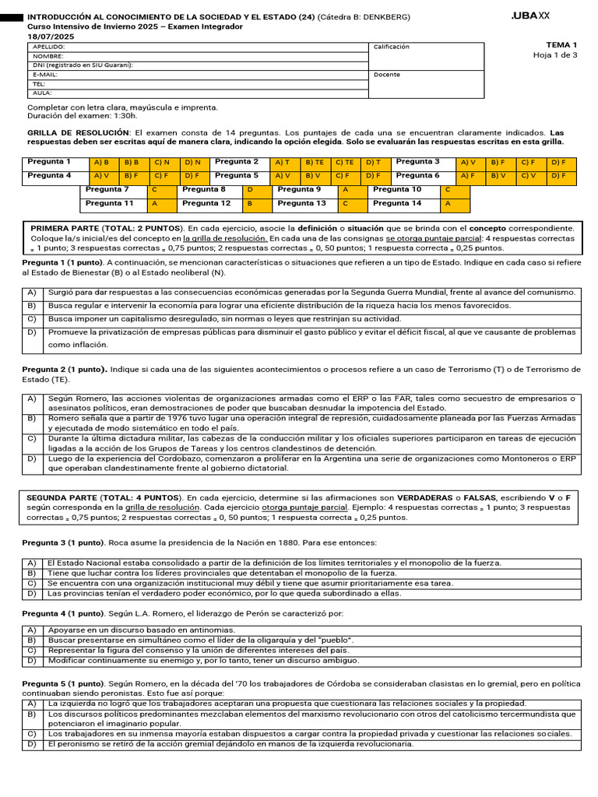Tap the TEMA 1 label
pos(561,45)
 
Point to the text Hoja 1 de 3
pos(555,55)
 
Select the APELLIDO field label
pos(49,47)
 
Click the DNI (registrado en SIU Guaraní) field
pos(83,65)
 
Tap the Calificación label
pos(391,47)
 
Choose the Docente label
pos(387,75)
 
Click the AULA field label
pos(42,93)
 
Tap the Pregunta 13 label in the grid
pos(301,203)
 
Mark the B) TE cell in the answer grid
pos(315,163)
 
